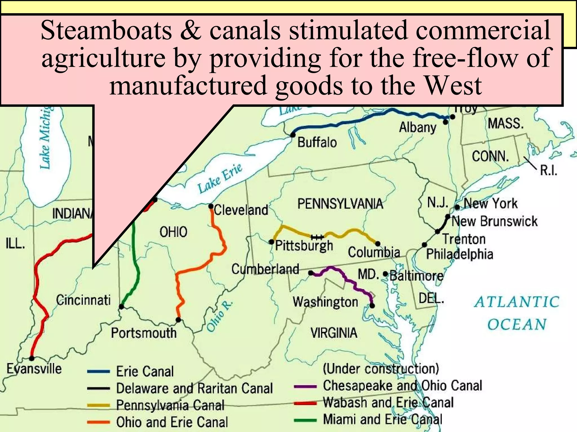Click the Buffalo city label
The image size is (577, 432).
[x=317, y=142]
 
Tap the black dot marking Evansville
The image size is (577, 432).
[x=32, y=358]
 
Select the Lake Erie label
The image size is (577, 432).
[x=220, y=179]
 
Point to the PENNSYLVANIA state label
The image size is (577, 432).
[x=340, y=204]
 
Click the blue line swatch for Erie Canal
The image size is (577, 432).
[x=98, y=372]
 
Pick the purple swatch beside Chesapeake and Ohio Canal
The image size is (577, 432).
[x=305, y=386]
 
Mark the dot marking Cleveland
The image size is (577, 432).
[x=211, y=206]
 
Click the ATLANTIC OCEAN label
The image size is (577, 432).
[x=517, y=313]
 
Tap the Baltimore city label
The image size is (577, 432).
[x=416, y=276]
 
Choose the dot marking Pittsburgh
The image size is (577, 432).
[x=271, y=242]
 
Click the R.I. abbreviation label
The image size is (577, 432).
[x=548, y=170]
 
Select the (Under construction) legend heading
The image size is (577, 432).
[x=381, y=368]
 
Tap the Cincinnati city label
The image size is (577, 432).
[x=83, y=300]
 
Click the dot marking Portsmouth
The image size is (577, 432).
[x=178, y=320]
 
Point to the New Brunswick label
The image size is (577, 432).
[x=494, y=221]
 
